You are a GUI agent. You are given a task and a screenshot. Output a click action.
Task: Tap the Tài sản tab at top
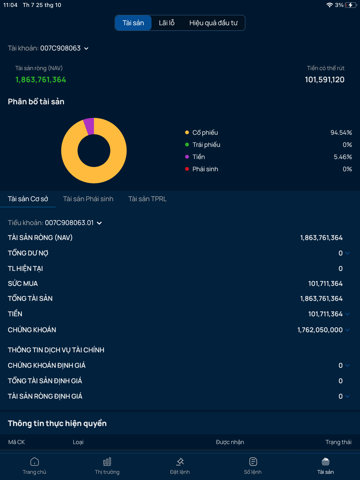pyautogui.click(x=133, y=22)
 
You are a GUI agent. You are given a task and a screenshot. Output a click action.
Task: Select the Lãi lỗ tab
pyautogui.click(x=167, y=22)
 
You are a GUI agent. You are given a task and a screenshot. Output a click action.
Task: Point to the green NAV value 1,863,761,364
pyautogui.click(x=41, y=79)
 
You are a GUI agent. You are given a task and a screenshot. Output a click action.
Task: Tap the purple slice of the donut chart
pyautogui.click(x=89, y=125)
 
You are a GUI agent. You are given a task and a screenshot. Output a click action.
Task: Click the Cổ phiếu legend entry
pyautogui.click(x=206, y=132)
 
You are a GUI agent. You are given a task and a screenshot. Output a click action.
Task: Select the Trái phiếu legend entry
pyautogui.click(x=206, y=144)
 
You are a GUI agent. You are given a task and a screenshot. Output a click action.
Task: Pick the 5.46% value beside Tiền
pyautogui.click(x=341, y=156)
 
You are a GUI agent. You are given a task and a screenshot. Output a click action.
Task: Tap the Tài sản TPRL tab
pyautogui.click(x=147, y=199)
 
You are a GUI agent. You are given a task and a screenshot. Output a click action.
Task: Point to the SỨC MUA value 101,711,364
pyautogui.click(x=321, y=283)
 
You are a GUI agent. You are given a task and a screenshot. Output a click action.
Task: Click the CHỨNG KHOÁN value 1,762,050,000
pyautogui.click(x=318, y=329)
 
